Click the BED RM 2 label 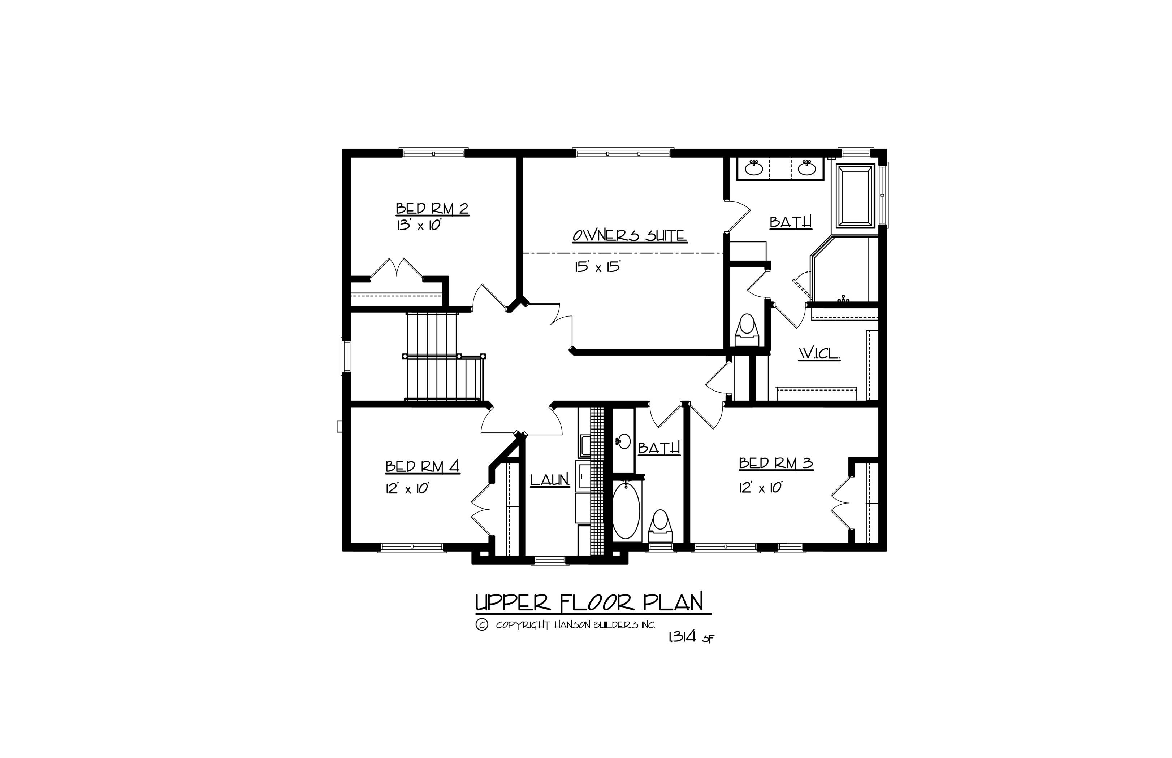432,209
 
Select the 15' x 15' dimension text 597,267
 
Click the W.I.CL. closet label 819,353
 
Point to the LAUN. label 550,480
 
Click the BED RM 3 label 775,463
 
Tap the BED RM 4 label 423,466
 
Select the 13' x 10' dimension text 418,226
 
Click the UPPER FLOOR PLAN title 589,602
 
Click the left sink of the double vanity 754,168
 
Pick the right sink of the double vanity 806,168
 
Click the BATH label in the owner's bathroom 790,222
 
